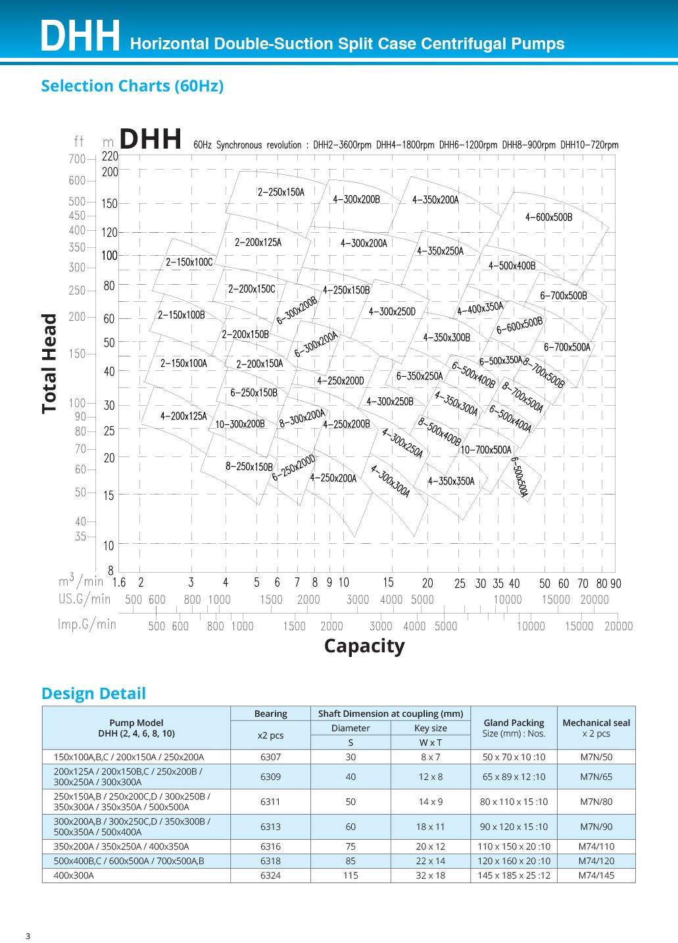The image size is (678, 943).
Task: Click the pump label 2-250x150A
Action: (281, 193)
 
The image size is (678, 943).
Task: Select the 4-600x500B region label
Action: (548, 218)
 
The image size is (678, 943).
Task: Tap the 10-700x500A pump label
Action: (485, 450)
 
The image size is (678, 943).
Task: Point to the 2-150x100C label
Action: (189, 262)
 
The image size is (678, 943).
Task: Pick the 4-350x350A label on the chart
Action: (451, 481)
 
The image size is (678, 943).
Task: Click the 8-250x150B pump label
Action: (249, 467)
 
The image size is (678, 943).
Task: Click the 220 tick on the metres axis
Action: (110, 157)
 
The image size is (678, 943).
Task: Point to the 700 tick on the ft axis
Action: (77, 159)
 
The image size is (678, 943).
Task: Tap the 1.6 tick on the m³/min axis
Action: (119, 583)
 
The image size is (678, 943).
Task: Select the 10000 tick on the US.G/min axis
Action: (508, 600)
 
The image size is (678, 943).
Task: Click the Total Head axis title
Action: (49, 363)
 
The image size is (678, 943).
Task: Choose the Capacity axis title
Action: (364, 646)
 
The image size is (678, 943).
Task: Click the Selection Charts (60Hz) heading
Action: (132, 86)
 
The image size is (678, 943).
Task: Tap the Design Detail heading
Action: (93, 694)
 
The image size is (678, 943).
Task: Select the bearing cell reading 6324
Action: (270, 875)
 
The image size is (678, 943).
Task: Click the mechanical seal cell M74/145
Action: (596, 875)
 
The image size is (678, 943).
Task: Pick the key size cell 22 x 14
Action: (430, 861)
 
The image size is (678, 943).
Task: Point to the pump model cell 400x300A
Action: (74, 875)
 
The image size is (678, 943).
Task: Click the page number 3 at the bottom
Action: (28, 936)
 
